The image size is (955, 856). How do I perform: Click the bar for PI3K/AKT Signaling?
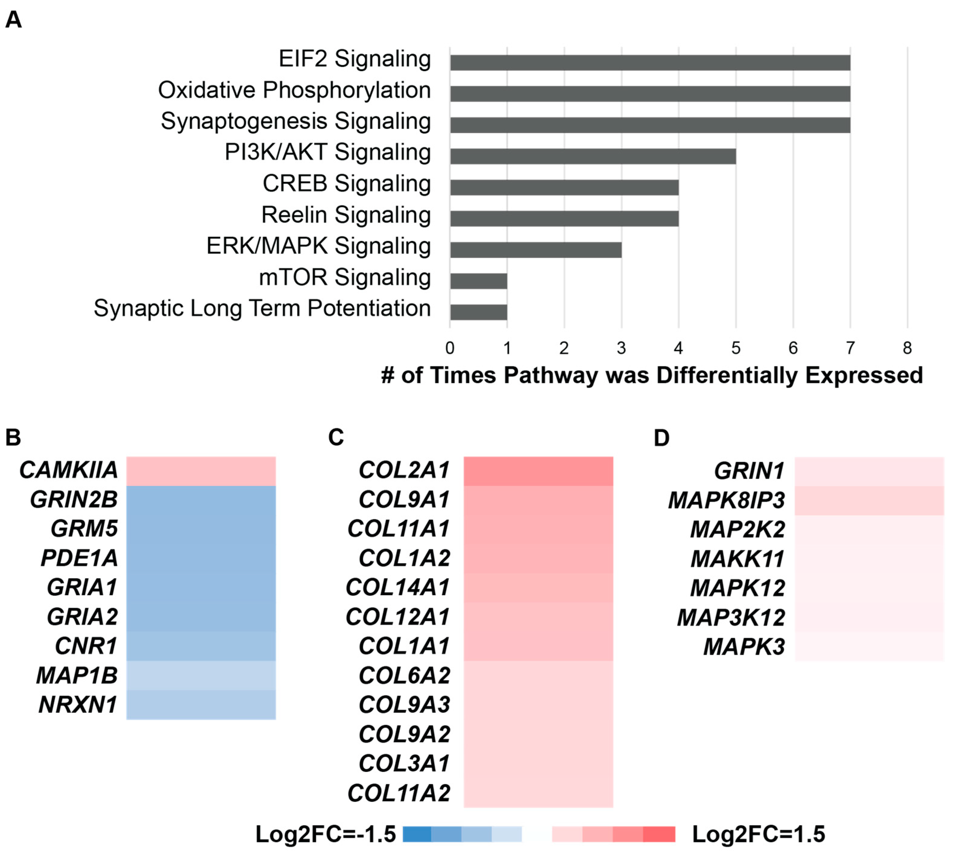(593, 156)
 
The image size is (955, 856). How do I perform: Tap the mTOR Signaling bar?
(478, 281)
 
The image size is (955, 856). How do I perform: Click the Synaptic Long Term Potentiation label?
(262, 309)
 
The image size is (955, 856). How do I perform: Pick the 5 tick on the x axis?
(736, 349)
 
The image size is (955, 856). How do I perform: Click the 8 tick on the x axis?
(907, 349)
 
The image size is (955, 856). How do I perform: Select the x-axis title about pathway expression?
(651, 375)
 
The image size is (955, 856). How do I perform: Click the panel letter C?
(336, 437)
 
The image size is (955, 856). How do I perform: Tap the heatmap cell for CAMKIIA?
(201, 471)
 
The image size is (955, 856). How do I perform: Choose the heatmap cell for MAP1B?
(201, 676)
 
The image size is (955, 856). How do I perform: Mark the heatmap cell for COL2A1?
(538, 471)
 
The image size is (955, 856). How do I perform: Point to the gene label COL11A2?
(399, 793)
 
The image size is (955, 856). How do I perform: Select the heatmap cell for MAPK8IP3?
(869, 500)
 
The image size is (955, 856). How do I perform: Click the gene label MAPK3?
(744, 647)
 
